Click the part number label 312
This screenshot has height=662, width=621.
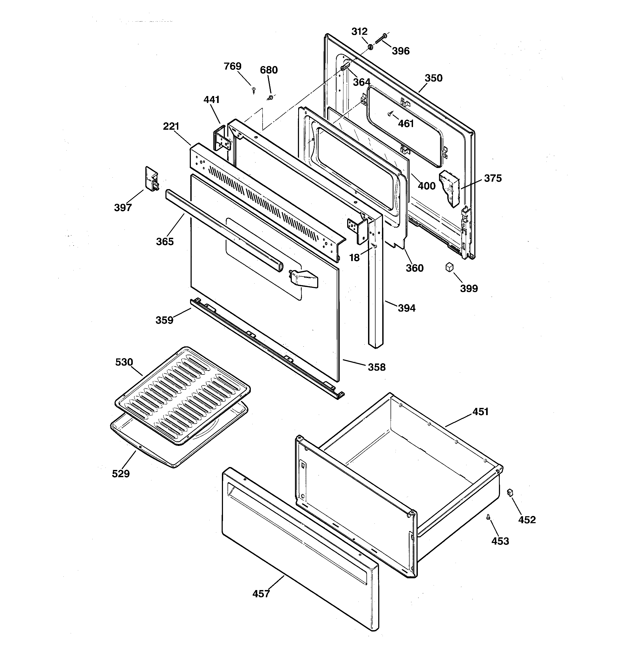click(359, 32)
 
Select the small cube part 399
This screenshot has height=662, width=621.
click(450, 267)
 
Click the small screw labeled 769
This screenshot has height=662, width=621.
click(254, 89)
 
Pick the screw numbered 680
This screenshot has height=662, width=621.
click(271, 98)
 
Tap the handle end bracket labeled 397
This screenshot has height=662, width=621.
click(152, 179)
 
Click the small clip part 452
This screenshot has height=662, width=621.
click(510, 492)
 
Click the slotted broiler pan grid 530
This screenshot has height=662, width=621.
click(183, 395)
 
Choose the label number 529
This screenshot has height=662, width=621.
click(121, 473)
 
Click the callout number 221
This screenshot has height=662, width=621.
click(171, 127)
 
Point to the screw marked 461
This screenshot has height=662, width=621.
click(389, 114)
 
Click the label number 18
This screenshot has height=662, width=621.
click(354, 258)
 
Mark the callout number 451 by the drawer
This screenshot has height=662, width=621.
click(480, 412)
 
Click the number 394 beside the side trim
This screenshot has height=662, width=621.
click(407, 308)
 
